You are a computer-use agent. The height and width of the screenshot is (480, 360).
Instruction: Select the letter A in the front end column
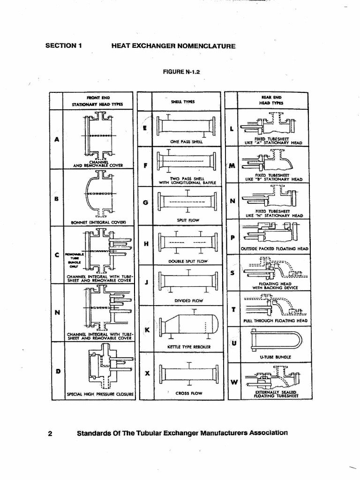click(x=57, y=139)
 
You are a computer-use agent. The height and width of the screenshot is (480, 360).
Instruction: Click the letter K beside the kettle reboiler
click(x=147, y=330)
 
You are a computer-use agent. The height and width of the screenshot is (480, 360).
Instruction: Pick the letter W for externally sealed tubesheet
click(x=234, y=382)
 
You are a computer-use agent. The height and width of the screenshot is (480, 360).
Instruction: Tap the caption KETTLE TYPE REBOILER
click(x=182, y=347)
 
